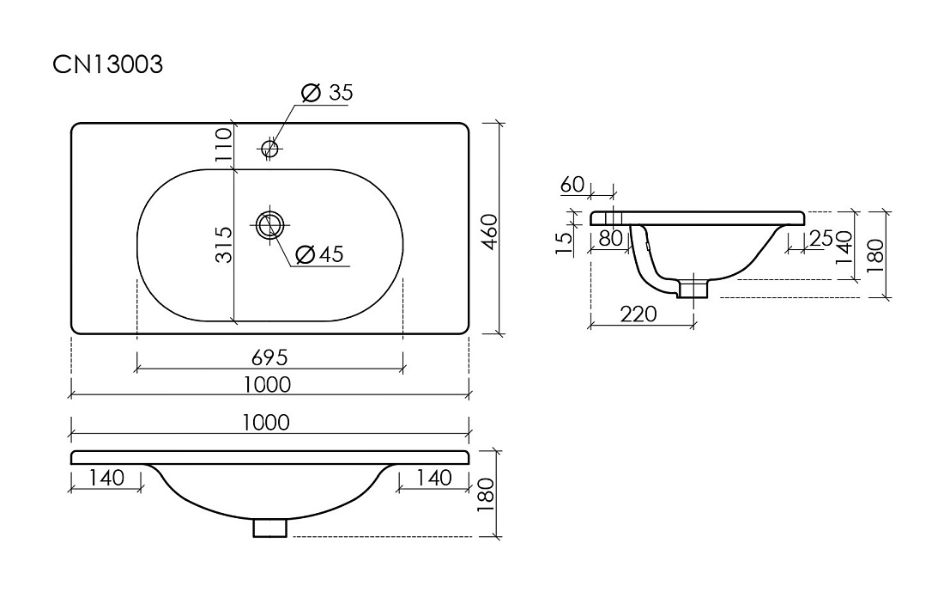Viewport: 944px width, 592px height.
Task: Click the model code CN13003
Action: (108, 64)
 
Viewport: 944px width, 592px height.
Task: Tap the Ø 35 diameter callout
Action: (327, 93)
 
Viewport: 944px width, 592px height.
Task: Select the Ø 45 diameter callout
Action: (321, 254)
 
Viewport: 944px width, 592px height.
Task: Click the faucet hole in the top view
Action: (269, 148)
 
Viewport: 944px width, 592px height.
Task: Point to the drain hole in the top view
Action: (269, 225)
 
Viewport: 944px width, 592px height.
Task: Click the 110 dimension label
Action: (223, 144)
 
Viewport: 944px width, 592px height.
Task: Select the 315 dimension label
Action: (224, 245)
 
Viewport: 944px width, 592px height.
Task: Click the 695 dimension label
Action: (269, 357)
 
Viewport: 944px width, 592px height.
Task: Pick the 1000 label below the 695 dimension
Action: (269, 384)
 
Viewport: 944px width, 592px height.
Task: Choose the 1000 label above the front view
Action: (266, 422)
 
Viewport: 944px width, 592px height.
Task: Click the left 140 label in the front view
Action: (106, 478)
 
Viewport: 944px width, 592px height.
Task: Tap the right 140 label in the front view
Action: (433, 478)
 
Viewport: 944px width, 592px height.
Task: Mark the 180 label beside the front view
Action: (485, 495)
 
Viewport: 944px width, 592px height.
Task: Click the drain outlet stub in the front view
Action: (269, 528)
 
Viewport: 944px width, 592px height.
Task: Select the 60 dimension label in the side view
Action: (572, 185)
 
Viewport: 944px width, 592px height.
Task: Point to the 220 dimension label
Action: (638, 314)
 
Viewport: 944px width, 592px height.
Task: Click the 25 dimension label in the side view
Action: (821, 239)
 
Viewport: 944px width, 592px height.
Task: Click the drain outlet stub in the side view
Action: (694, 289)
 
